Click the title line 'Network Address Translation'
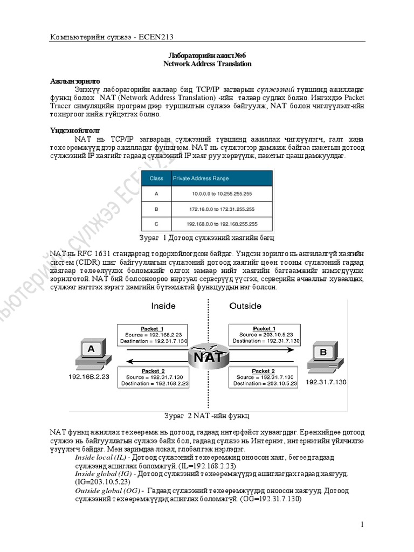pos(208,64)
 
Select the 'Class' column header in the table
pos(156,178)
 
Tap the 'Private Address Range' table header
pos(201,178)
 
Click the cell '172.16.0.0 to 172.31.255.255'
pos(222,209)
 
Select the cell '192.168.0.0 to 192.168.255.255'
pos(222,224)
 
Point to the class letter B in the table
pos(156,209)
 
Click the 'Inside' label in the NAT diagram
pos(163,306)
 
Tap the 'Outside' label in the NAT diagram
pos(245,306)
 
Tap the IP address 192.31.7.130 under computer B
pos(326,382)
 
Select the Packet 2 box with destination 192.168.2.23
pos(154,377)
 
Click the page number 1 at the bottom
pos(362,525)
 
